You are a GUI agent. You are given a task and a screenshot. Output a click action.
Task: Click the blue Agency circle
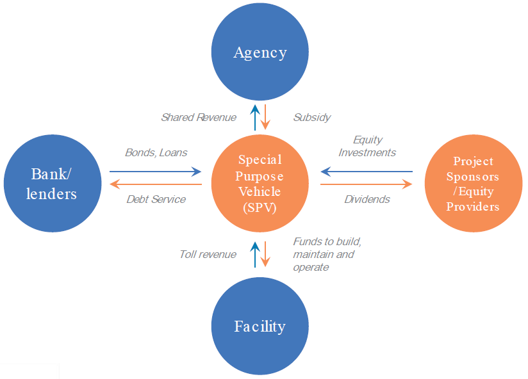click(260, 52)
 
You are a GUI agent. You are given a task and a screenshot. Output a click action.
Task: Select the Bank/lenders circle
click(53, 183)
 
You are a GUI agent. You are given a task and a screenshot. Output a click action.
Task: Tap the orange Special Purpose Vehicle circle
click(260, 183)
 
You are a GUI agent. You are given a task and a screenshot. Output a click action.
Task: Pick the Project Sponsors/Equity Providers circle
click(474, 183)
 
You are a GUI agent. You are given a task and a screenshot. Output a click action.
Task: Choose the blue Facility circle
click(260, 326)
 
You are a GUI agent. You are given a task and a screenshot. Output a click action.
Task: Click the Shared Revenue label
click(199, 117)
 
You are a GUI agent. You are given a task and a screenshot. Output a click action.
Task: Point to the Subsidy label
click(312, 117)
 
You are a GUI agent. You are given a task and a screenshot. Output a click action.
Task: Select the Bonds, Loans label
click(156, 152)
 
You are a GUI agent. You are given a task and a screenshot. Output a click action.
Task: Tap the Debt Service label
click(156, 199)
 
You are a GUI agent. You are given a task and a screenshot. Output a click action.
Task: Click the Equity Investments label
click(367, 146)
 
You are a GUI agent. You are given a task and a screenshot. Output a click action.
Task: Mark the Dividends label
click(367, 199)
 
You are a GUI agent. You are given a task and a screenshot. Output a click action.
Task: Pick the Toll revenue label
click(208, 254)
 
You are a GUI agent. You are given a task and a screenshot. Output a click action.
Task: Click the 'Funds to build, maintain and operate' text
click(327, 254)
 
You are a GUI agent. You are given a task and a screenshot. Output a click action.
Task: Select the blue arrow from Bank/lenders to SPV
click(155, 172)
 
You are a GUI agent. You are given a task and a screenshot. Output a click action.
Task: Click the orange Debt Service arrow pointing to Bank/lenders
click(156, 184)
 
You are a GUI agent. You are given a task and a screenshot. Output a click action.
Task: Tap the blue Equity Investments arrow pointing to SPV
click(367, 172)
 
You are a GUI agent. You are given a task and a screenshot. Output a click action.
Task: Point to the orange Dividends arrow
click(367, 184)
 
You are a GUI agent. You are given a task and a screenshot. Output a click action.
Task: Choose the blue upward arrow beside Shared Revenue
click(255, 117)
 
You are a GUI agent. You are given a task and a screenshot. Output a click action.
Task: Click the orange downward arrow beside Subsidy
click(265, 117)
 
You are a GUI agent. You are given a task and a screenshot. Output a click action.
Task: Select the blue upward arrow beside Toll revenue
click(255, 254)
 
